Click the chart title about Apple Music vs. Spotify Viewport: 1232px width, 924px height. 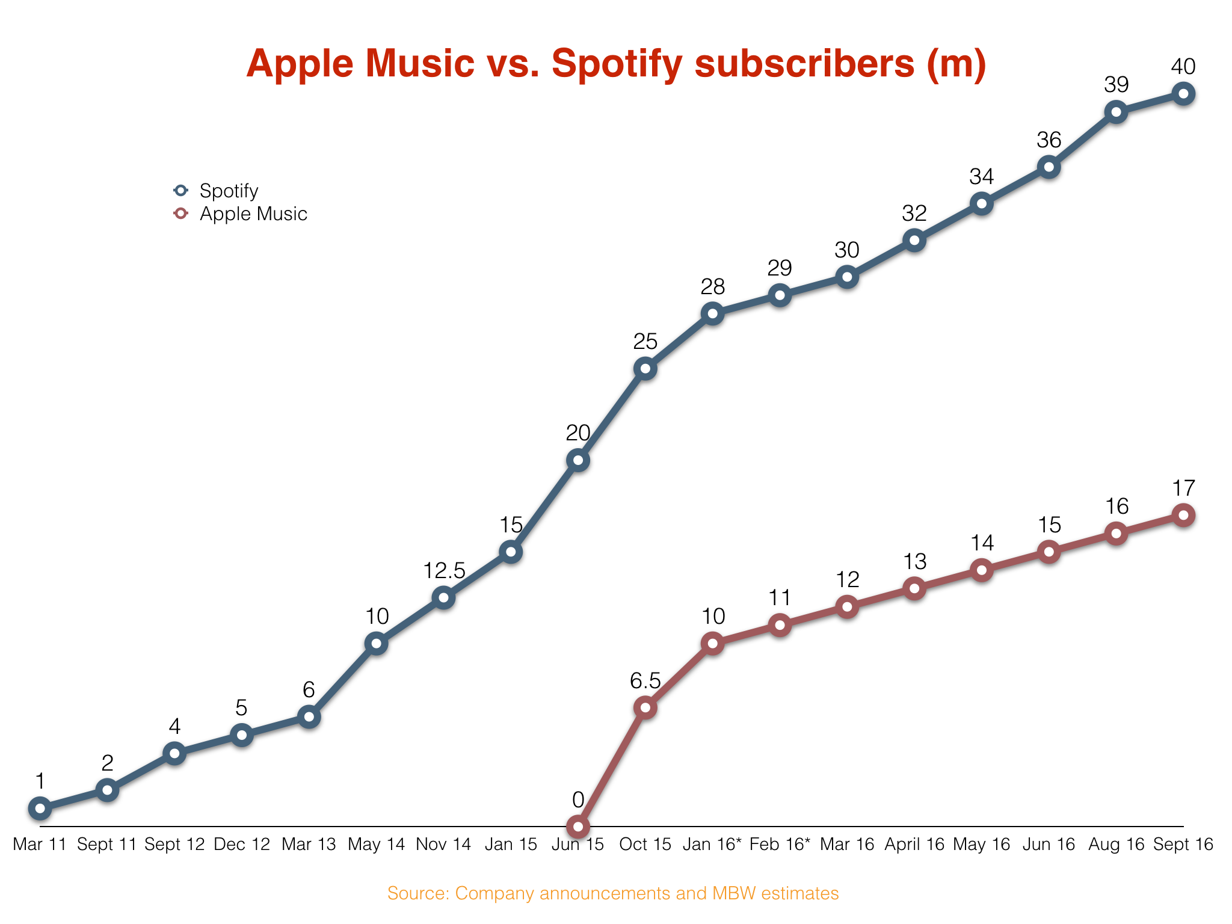(616, 64)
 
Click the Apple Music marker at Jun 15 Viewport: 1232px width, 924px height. (577, 827)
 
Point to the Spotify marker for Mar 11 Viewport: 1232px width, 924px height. (40, 808)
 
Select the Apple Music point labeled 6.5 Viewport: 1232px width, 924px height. (645, 707)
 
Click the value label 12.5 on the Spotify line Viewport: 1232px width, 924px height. (444, 571)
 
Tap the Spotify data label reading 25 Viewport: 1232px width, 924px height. (645, 342)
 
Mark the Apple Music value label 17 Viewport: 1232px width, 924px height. (1183, 488)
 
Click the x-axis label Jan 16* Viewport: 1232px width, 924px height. (712, 845)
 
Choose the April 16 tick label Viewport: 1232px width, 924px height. (914, 845)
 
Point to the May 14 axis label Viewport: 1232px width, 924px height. (377, 845)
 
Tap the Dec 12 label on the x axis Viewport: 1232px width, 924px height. (242, 845)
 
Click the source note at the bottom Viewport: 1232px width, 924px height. (612, 893)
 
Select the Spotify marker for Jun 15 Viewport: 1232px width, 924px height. (577, 461)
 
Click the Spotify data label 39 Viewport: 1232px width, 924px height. (1116, 85)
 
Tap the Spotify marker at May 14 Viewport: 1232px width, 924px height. (376, 644)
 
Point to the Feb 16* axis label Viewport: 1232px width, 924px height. (780, 845)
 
